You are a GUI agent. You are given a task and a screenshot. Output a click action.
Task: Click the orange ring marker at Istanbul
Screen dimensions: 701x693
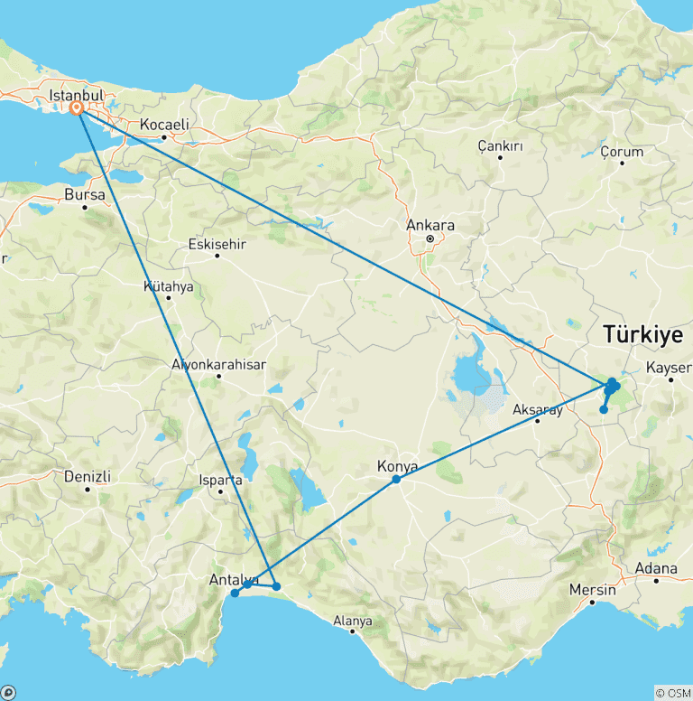tap(78, 107)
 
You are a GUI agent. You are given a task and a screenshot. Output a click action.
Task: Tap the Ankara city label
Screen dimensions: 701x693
tap(430, 225)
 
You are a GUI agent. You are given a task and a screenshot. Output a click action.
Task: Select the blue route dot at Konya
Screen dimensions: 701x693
tap(396, 479)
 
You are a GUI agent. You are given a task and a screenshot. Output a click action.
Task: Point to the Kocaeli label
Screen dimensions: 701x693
tap(164, 125)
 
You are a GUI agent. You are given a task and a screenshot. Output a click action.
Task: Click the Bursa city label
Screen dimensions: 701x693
tap(85, 194)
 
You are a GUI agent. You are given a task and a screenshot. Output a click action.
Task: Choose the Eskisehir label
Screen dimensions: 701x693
tap(217, 244)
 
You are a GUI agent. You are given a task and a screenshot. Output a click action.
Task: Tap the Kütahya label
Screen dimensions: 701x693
tap(169, 286)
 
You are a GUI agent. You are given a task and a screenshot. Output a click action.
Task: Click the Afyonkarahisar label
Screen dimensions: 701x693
tap(219, 365)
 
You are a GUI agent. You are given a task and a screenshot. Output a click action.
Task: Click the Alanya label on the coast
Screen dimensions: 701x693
tap(353, 621)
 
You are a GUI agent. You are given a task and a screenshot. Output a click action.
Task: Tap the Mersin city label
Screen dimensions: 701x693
tap(593, 590)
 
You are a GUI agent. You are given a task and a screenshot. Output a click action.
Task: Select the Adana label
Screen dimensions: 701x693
tap(656, 568)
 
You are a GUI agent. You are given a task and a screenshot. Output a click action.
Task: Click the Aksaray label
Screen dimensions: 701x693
tap(538, 409)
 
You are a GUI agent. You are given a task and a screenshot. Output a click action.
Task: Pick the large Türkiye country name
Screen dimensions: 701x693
tap(642, 334)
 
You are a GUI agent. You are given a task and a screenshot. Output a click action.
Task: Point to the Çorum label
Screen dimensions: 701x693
tap(623, 151)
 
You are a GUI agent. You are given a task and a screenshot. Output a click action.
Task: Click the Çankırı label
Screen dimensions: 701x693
tap(501, 145)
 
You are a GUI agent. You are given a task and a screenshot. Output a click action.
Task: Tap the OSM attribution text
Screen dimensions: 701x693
tap(672, 693)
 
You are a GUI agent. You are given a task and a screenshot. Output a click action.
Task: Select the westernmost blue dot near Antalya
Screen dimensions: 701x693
tap(235, 594)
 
